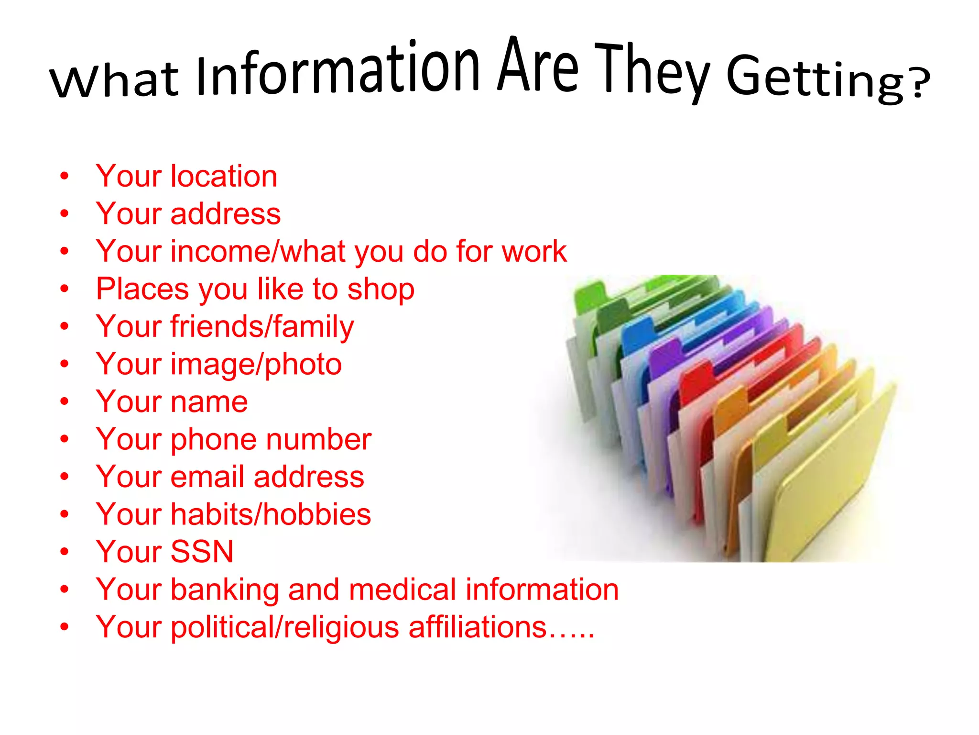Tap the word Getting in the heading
[x=816, y=79]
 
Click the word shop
[x=381, y=290]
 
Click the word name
[x=209, y=401]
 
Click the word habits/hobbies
[x=271, y=514]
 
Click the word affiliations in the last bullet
[x=478, y=627]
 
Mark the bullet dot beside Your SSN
[x=65, y=552]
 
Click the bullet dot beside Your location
[x=65, y=176]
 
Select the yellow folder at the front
[x=827, y=488]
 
